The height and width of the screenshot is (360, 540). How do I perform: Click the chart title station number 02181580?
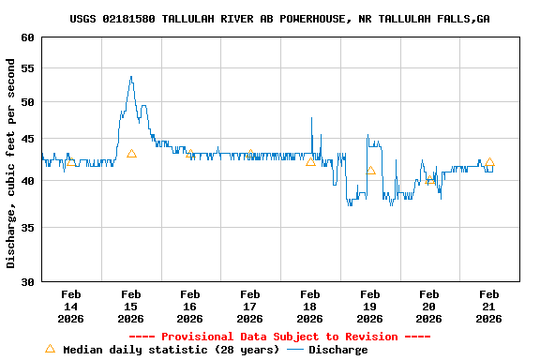pos(128,19)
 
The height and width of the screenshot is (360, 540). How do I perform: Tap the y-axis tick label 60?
pos(26,38)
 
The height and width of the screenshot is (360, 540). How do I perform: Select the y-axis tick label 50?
pos(26,102)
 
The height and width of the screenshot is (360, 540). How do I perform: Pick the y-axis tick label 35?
pos(26,227)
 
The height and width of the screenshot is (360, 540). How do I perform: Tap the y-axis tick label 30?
pos(26,281)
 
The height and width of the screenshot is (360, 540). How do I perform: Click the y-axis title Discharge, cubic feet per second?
pos(11,163)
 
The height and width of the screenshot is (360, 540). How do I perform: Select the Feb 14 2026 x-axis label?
pos(71,307)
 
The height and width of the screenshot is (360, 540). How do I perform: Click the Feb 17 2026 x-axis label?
pos(250,307)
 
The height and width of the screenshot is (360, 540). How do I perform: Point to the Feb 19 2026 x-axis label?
pos(369,307)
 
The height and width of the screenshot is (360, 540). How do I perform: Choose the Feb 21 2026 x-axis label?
pos(489,307)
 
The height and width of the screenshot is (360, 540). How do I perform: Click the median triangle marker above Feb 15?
pos(131,153)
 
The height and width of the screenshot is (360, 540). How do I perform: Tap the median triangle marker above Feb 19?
pos(370,170)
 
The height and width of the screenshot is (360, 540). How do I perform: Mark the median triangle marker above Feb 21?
pos(489,161)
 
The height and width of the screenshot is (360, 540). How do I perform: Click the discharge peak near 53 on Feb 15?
pos(131,78)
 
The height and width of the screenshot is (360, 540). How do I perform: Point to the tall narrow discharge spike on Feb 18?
pos(311,119)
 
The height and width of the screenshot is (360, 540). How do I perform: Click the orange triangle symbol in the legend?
pos(51,349)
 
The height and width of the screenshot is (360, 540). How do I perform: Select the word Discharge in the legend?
pos(337,350)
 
